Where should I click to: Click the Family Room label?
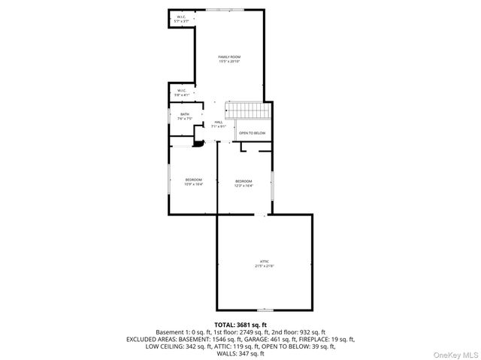229,56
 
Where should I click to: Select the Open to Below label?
252,133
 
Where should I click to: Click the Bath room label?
184,114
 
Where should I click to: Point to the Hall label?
219,122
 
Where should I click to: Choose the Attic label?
264,261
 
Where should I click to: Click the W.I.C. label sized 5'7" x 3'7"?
181,17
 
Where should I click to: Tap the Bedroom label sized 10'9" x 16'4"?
194,180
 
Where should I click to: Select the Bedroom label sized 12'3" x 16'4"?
244,181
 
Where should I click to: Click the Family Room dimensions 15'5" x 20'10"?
229,62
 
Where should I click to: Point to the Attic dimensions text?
264,266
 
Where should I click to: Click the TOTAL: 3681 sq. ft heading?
240,324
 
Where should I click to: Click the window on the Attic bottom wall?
265,310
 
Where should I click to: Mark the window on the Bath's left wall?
169,120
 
